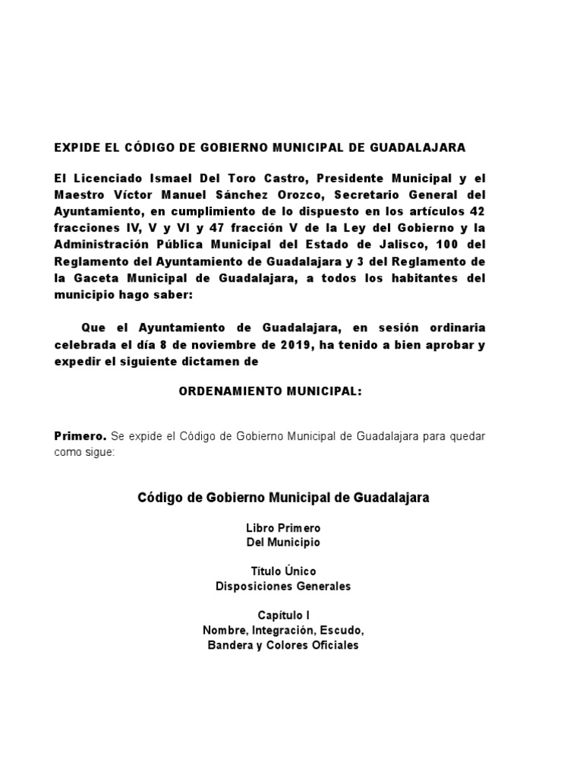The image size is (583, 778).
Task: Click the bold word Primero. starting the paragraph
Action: coord(80,437)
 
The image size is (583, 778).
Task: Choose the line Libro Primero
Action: coord(284,527)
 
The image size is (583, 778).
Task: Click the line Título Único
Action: coord(284,571)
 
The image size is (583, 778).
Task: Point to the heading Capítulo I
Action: coord(284,615)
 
